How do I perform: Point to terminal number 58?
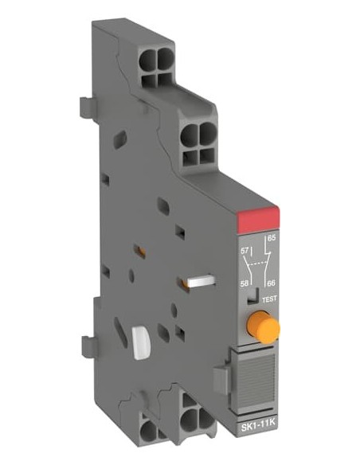click(x=245, y=283)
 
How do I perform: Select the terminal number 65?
click(x=272, y=238)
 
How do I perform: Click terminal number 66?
click(x=272, y=283)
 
